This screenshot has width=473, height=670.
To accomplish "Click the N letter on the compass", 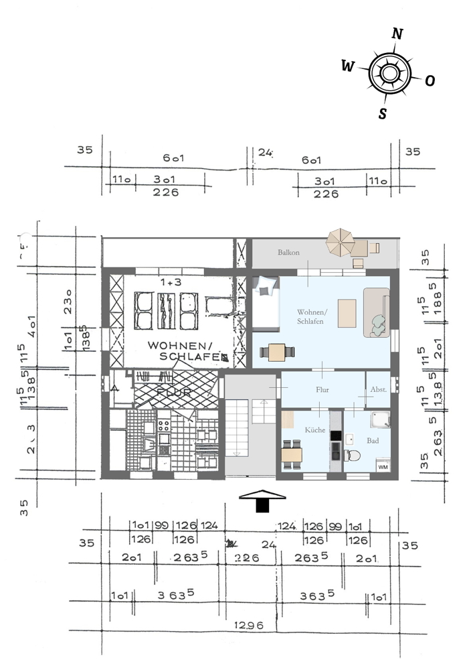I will click(397, 34).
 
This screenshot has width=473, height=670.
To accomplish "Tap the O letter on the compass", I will click(430, 80).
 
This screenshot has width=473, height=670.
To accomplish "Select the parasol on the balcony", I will click(341, 241).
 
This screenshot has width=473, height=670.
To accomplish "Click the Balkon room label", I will click(288, 253).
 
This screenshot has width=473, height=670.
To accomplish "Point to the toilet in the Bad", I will click(353, 456).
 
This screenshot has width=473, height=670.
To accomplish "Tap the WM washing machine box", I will click(383, 466).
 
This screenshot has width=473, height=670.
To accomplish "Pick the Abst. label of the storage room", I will click(377, 389).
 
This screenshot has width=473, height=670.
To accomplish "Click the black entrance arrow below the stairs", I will click(262, 500).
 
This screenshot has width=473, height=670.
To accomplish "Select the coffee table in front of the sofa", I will click(348, 313).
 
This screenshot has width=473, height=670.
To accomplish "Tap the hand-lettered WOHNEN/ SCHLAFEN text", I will click(184, 352).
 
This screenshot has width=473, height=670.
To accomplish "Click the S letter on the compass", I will click(382, 113).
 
